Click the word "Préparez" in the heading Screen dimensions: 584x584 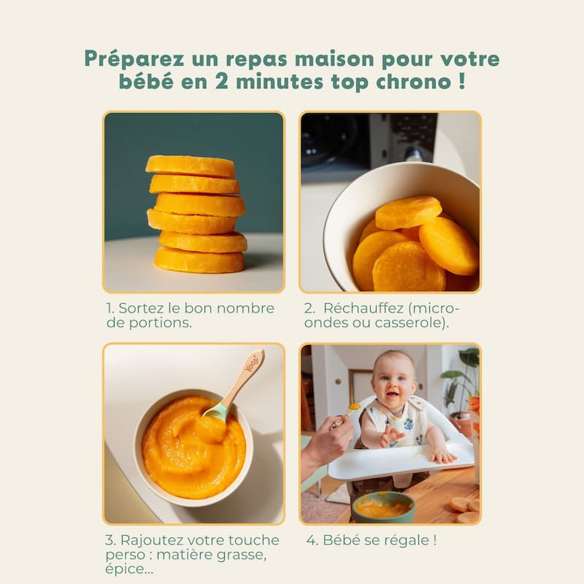(x=134, y=59)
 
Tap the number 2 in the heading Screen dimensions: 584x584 (x=222, y=82)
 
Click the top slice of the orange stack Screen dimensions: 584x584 (x=191, y=166)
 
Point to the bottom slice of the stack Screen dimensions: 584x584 (x=199, y=260)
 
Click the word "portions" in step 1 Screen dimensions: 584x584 (x=160, y=323)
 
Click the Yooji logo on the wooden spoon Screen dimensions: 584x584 (x=251, y=364)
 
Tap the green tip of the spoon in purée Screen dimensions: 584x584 (x=215, y=412)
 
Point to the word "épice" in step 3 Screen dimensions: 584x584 (x=124, y=569)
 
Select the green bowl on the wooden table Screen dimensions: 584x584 (x=383, y=506)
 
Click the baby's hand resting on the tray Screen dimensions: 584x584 (x=443, y=456)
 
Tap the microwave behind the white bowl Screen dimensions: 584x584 (x=369, y=139)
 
